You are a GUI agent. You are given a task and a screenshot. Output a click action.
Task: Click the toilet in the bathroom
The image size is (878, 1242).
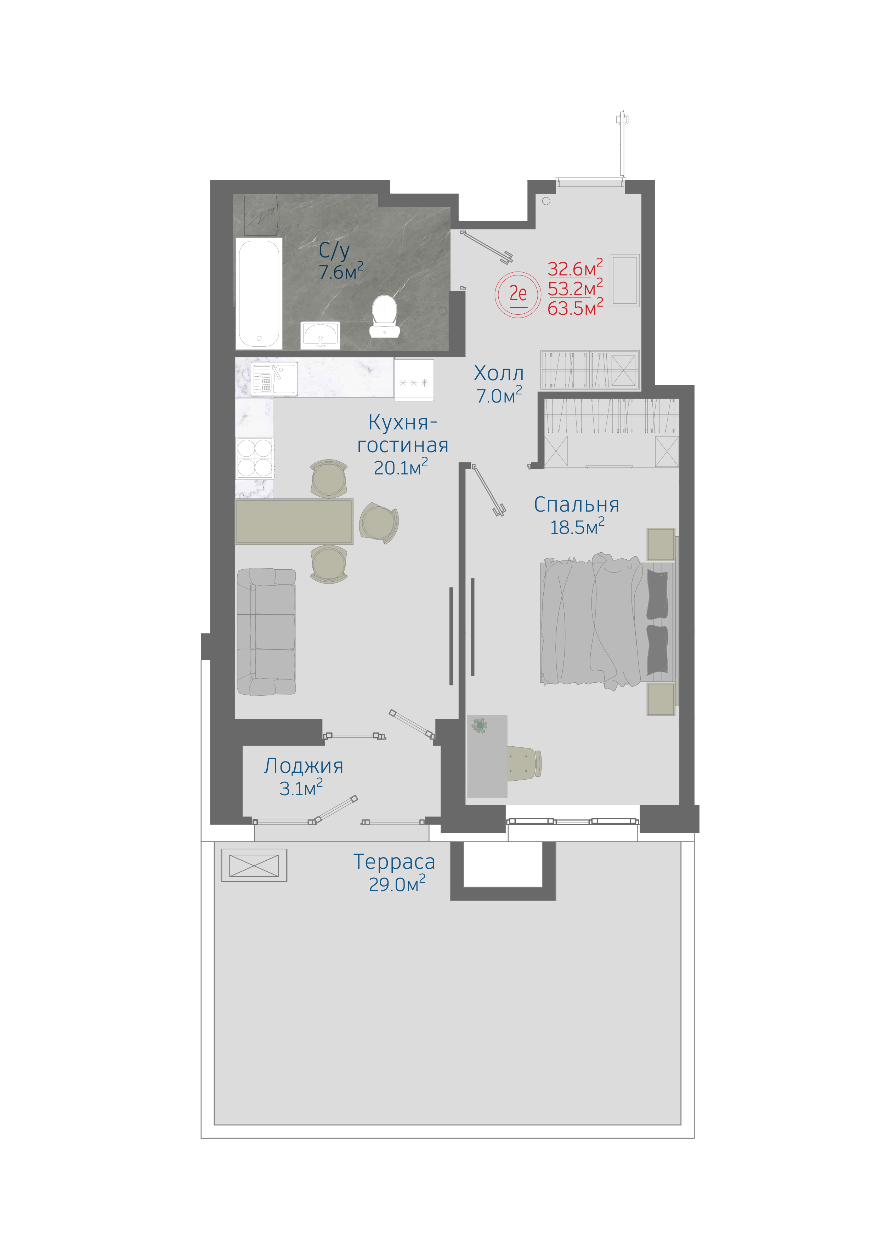click(x=385, y=317)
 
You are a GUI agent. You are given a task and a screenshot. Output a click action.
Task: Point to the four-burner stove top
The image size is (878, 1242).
click(x=255, y=458)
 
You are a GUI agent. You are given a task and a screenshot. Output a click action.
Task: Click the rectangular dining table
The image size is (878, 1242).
click(x=294, y=522)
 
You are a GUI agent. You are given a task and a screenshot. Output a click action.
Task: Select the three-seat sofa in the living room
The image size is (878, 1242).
click(x=266, y=631)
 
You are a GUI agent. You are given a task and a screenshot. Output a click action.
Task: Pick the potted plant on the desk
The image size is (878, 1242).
click(x=479, y=725)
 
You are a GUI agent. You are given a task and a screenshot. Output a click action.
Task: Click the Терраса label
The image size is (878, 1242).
click(x=394, y=862)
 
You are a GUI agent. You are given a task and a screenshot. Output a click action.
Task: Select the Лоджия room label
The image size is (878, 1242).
click(x=304, y=766)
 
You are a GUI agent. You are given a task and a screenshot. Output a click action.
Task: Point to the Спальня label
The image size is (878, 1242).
click(x=577, y=505)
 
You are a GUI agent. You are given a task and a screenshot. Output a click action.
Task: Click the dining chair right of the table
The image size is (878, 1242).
click(x=379, y=523)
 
